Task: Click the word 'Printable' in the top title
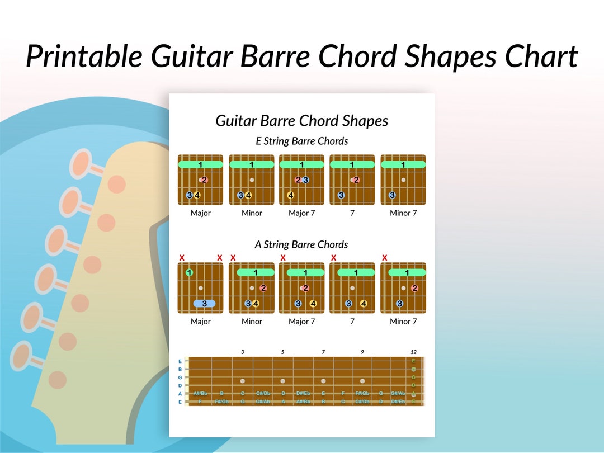pos(83,56)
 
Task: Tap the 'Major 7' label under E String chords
pos(301,213)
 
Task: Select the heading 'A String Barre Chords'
pos(301,244)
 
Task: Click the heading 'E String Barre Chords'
pos(302,141)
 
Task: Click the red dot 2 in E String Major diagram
pos(204,180)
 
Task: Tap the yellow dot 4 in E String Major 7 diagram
pos(291,195)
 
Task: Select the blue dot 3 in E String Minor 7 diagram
pos(392,195)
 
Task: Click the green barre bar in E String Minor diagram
pos(252,164)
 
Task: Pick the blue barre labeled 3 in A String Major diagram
pos(204,304)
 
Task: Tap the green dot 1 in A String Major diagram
pos(189,273)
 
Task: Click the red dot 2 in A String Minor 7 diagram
pos(414,288)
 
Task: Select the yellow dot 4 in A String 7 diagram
pos(364,304)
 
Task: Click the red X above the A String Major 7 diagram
pos(283,258)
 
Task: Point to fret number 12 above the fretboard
pos(413,352)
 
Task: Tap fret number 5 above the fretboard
pos(282,352)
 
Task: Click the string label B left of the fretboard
pos(180,369)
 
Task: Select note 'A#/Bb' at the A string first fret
pos(200,393)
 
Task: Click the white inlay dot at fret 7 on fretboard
pos(323,381)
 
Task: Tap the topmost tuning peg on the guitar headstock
pos(82,164)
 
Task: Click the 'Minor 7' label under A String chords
pos(403,322)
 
